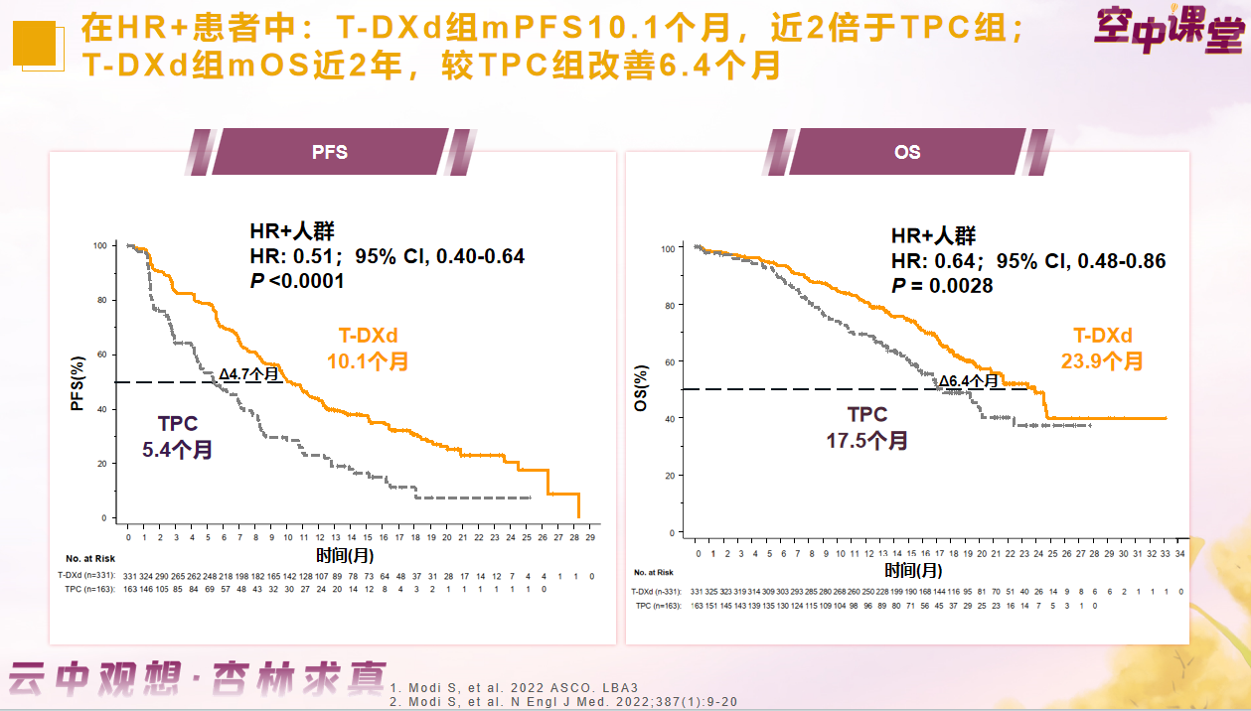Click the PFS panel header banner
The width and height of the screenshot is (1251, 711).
[x=330, y=153]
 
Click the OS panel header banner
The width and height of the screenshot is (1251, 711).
[x=906, y=153]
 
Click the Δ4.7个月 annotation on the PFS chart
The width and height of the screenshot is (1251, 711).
[x=248, y=374]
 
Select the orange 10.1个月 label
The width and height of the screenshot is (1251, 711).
[x=368, y=362]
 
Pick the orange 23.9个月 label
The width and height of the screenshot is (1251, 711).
[x=1102, y=361]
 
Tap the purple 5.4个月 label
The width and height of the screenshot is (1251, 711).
[x=177, y=449]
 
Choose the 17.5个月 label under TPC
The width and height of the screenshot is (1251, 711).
[x=866, y=440]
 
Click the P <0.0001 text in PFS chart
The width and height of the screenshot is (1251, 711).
[x=296, y=281]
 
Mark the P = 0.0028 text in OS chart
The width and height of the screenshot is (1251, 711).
[x=942, y=285]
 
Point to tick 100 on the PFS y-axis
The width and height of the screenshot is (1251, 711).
[x=99, y=245]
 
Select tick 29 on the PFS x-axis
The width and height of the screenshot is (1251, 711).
[x=590, y=537]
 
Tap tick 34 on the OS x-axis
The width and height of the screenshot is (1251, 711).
[x=1180, y=552]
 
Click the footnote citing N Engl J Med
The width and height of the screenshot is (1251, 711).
[x=562, y=701]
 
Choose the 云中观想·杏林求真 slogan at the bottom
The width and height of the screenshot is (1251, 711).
[x=196, y=678]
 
